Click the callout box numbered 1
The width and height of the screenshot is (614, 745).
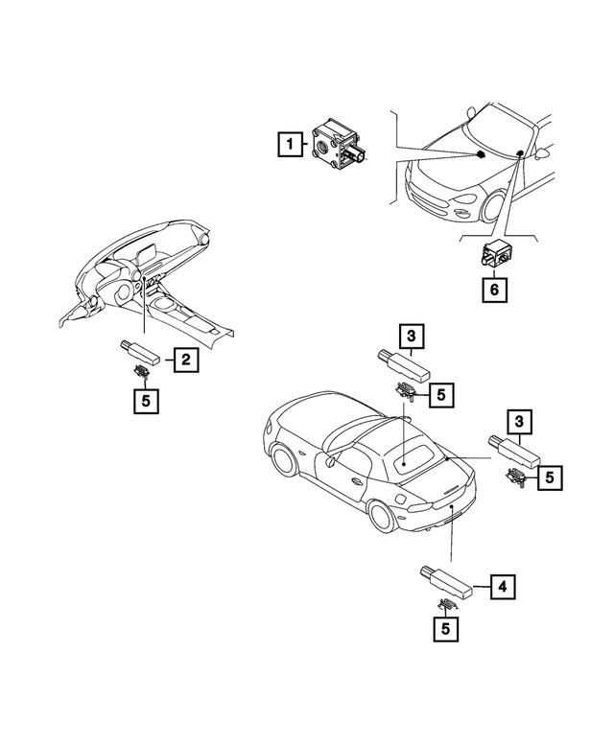pos(286,145)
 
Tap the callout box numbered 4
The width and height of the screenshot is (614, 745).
pos(500,586)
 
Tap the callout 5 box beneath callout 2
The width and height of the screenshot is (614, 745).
pos(144,401)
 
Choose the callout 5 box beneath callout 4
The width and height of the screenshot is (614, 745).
pos(443,629)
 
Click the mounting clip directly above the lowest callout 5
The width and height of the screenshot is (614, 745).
pos(447,605)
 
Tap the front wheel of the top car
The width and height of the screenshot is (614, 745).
pos(498,206)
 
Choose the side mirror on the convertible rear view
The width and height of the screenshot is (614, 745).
pos(330,463)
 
